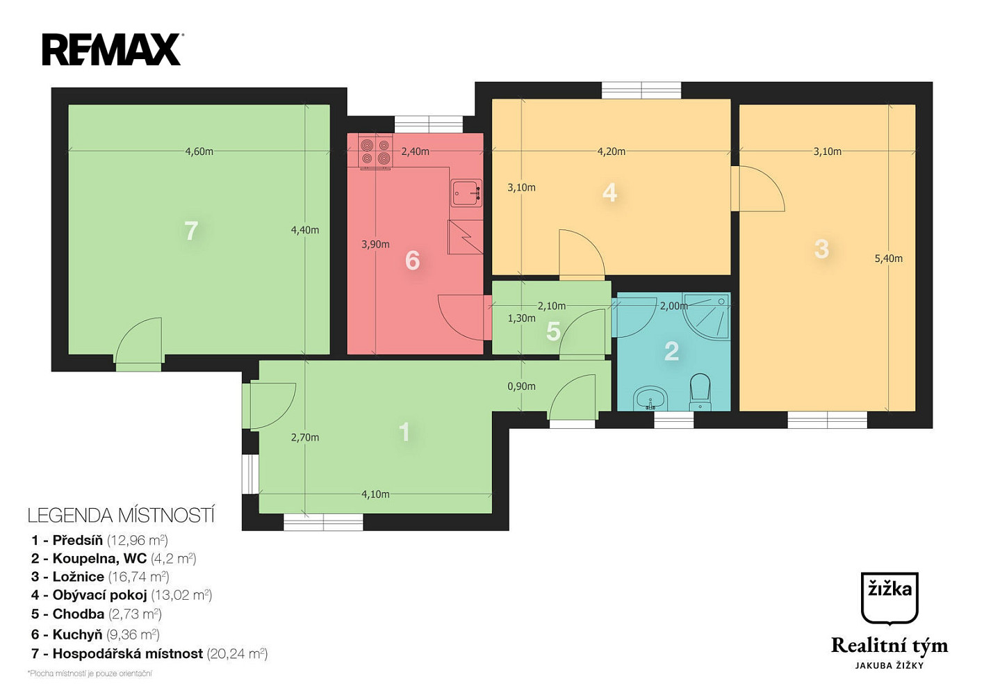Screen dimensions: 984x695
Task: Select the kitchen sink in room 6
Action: pos(466,193)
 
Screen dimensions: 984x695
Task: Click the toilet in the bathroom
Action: pos(700,391)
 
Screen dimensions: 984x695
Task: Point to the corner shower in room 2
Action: pos(707,316)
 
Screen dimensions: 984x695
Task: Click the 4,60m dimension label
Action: pos(199,152)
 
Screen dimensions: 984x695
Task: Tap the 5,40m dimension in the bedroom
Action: pos(889,259)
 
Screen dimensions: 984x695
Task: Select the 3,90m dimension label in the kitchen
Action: pos(375,244)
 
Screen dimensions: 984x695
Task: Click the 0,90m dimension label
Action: pos(521,386)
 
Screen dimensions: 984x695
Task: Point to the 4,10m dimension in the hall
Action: pos(375,494)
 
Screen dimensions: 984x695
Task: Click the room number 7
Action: pos(191,231)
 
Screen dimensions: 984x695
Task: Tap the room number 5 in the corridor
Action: pos(553,332)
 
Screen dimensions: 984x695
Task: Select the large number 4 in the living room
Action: pos(609,193)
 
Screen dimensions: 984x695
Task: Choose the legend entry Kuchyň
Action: pos(95,635)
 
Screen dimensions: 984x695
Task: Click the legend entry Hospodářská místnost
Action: pos(149,654)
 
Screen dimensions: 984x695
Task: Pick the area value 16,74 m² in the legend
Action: pos(138,576)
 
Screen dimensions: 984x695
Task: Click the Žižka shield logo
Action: pos(889,598)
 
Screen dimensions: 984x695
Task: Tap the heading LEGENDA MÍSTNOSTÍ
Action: pos(121,515)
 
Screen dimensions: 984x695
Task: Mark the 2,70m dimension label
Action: pos(305,437)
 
